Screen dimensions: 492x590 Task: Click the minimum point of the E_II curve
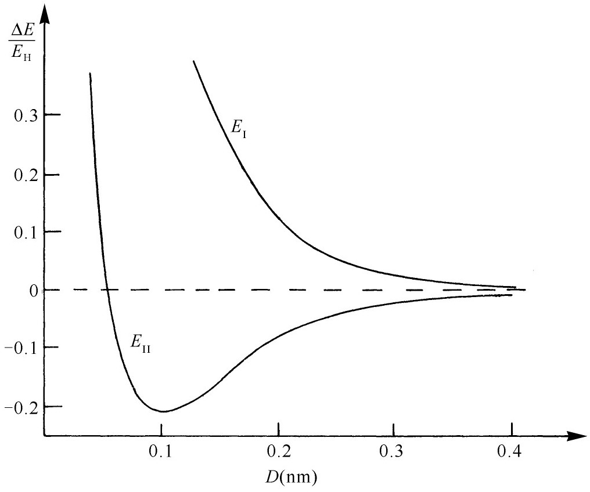click(164, 411)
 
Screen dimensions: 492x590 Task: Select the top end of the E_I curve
click(193, 61)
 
